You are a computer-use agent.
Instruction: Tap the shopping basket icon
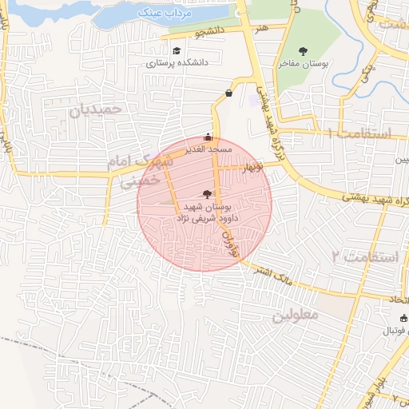point(229,93)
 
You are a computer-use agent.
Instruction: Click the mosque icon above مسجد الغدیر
point(208,137)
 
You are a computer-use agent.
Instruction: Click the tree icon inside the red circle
point(208,193)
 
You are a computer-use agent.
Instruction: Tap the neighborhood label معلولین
point(296,316)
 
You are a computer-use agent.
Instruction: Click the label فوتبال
point(391,330)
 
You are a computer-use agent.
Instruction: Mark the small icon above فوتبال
point(403,319)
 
